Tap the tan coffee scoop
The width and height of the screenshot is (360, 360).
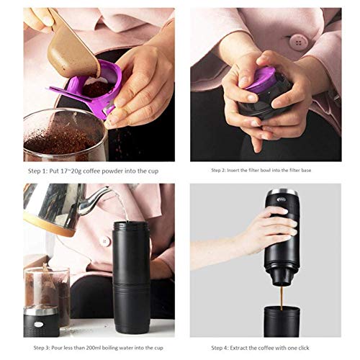(x=72, y=48)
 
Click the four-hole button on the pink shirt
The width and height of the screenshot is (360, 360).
(x=298, y=42)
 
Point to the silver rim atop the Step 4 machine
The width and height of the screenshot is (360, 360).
(x=282, y=193)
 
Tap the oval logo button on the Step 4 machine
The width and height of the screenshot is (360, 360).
(x=282, y=199)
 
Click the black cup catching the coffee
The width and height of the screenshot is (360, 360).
(x=282, y=322)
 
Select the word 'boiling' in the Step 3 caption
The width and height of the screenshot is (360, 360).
(x=110, y=348)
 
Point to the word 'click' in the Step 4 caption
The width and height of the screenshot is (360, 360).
(x=302, y=348)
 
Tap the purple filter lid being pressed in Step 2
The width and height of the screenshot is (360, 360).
(x=261, y=78)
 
